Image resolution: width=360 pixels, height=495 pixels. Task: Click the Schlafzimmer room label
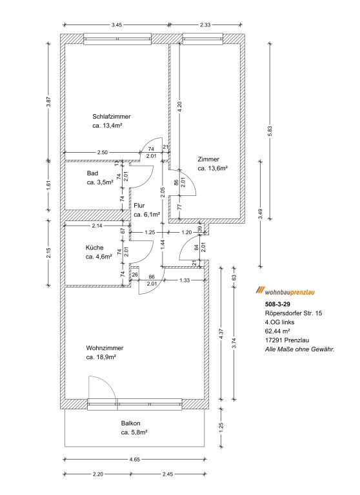[x=111, y=117]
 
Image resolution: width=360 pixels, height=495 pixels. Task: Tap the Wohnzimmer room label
[x=105, y=348]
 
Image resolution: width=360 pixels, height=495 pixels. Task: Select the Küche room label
[x=94, y=247]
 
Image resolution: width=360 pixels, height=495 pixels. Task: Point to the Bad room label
[x=92, y=173]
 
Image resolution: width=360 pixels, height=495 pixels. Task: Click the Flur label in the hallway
[x=139, y=206]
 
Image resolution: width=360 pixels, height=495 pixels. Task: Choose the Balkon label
[x=130, y=423]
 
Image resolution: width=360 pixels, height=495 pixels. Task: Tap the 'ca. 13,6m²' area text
[x=213, y=169]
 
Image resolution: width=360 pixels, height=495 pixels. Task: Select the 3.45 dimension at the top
[x=117, y=24]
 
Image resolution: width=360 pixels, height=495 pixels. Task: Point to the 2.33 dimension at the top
[x=205, y=24]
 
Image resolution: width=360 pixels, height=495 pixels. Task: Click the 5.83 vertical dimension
[x=270, y=131]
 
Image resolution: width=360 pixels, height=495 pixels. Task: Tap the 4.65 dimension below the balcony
[x=135, y=460]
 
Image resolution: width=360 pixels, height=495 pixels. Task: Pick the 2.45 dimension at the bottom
[x=168, y=474]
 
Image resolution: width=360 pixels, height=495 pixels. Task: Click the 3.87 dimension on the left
[x=49, y=102]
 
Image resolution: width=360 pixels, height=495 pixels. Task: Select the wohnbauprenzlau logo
[x=285, y=291]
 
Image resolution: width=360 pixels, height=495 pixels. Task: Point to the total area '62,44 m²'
[x=277, y=331]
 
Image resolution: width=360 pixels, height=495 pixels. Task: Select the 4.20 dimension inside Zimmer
[x=179, y=108]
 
